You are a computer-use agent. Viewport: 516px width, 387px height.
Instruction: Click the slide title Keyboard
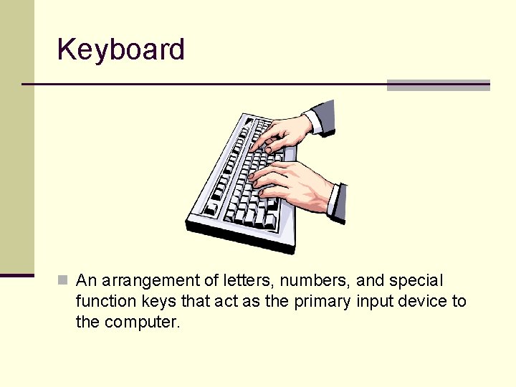(120, 50)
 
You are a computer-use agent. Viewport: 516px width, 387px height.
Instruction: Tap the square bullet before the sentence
(63, 279)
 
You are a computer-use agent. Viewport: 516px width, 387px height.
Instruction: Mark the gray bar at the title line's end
(438, 85)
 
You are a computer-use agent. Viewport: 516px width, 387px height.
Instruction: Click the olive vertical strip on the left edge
(16, 136)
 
